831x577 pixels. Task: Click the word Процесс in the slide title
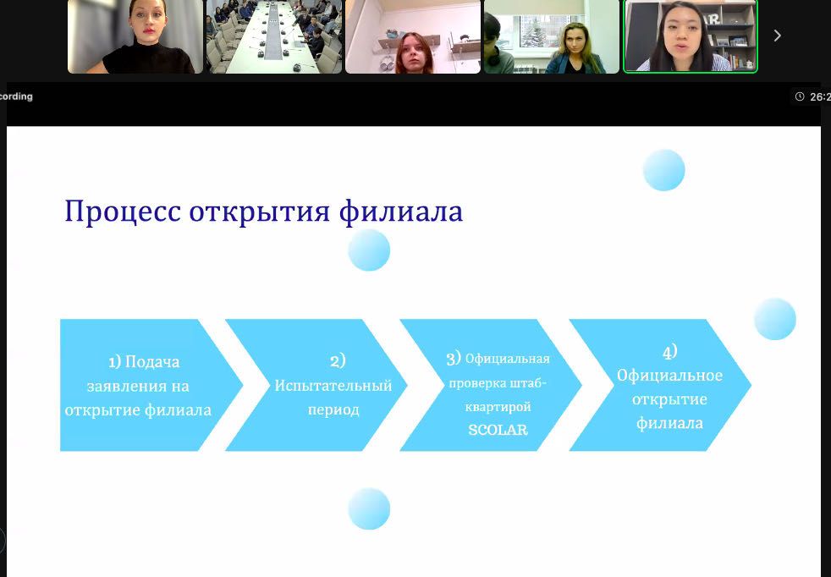click(123, 212)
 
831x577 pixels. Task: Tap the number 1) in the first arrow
click(114, 362)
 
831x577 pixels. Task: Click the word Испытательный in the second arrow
click(333, 385)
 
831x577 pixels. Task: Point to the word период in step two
click(333, 409)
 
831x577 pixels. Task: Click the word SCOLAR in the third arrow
click(498, 430)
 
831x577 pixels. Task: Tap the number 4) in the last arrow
click(670, 352)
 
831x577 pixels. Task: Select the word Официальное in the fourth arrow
click(669, 375)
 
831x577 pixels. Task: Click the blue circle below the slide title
click(369, 250)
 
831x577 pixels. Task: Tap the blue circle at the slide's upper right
click(664, 170)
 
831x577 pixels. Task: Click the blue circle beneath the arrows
click(369, 508)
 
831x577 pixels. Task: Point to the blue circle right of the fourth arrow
click(775, 319)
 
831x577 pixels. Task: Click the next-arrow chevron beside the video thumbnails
click(778, 36)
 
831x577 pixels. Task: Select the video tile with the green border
click(691, 36)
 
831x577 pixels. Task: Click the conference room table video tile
click(274, 36)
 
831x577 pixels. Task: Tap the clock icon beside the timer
click(800, 96)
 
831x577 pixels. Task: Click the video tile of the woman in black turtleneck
click(135, 36)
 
